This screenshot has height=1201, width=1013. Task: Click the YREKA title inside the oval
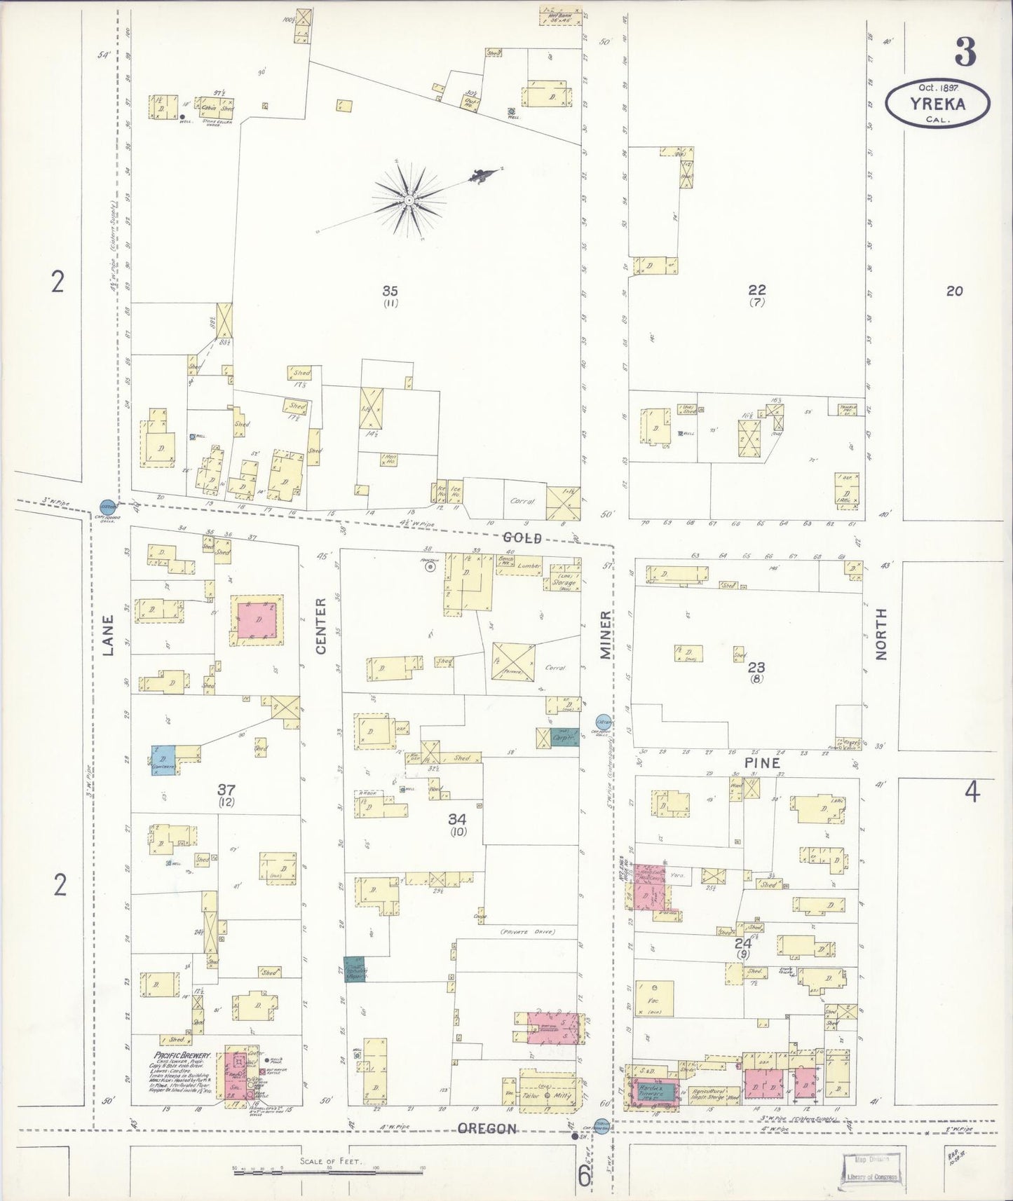point(937,104)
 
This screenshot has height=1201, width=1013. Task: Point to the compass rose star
point(409,200)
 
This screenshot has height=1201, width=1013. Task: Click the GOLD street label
point(523,537)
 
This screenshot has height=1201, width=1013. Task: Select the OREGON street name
point(487,1129)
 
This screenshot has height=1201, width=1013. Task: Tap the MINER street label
point(605,634)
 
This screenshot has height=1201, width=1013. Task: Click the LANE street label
point(108,635)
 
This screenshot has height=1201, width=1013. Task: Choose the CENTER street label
point(321,625)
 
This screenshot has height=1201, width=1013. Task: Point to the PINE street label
point(762,762)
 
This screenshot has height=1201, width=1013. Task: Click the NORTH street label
point(881,633)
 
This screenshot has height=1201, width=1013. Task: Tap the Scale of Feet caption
point(330,1161)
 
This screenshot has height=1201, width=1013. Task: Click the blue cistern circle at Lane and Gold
point(107,506)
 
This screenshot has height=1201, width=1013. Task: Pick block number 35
point(390,290)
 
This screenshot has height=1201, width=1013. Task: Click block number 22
point(756,289)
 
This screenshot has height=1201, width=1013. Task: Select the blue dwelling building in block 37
point(163,760)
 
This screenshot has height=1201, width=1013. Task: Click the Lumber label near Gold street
point(529,565)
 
